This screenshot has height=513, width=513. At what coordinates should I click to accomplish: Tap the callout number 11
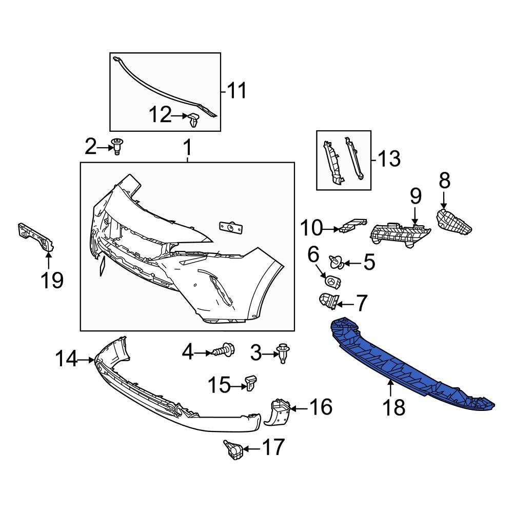coord(236,91)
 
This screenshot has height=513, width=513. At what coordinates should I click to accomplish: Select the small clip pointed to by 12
coord(194,120)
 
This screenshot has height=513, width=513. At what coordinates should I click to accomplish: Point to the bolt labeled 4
coord(224,351)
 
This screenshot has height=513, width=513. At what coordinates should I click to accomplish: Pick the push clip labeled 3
coord(282,353)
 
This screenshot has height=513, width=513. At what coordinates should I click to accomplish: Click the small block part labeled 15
coord(250,382)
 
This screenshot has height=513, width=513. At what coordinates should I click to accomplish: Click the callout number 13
coord(388,159)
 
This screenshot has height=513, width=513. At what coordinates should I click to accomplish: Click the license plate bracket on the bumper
coord(230,227)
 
